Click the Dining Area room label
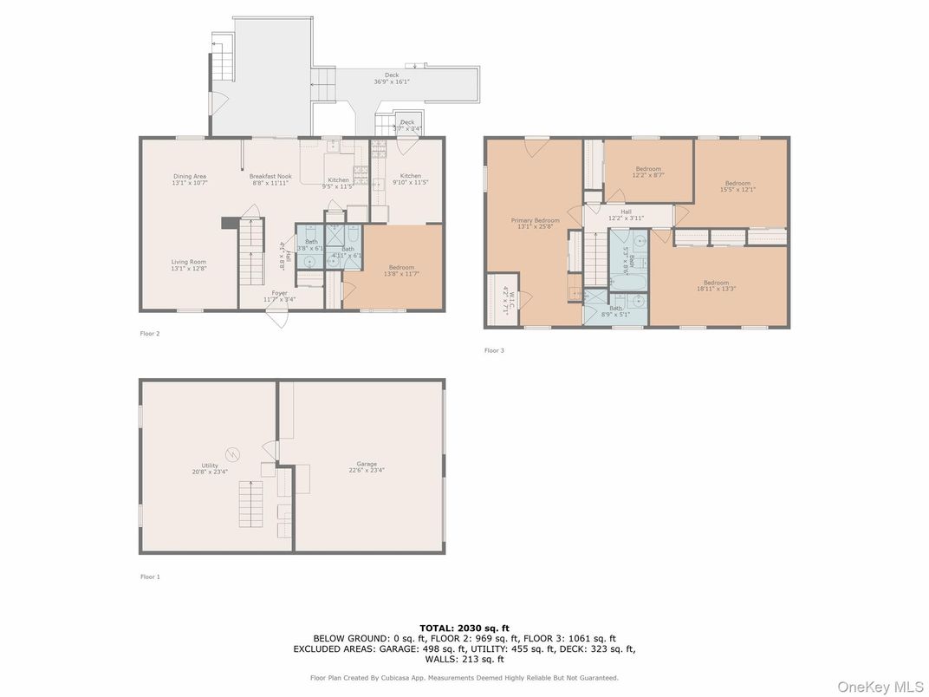click(x=190, y=176)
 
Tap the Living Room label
click(x=188, y=261)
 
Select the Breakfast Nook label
click(x=271, y=176)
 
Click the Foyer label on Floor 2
click(x=280, y=293)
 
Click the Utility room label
click(x=210, y=466)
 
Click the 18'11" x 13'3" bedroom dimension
click(x=716, y=290)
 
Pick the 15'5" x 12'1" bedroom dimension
click(x=737, y=190)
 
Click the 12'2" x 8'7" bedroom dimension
click(x=648, y=176)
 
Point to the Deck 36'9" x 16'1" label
click(x=392, y=78)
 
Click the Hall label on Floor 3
click(x=626, y=211)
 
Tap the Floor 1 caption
click(x=150, y=576)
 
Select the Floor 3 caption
click(x=494, y=350)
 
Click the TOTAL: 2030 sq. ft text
click(x=464, y=628)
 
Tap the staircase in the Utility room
click(x=250, y=504)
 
